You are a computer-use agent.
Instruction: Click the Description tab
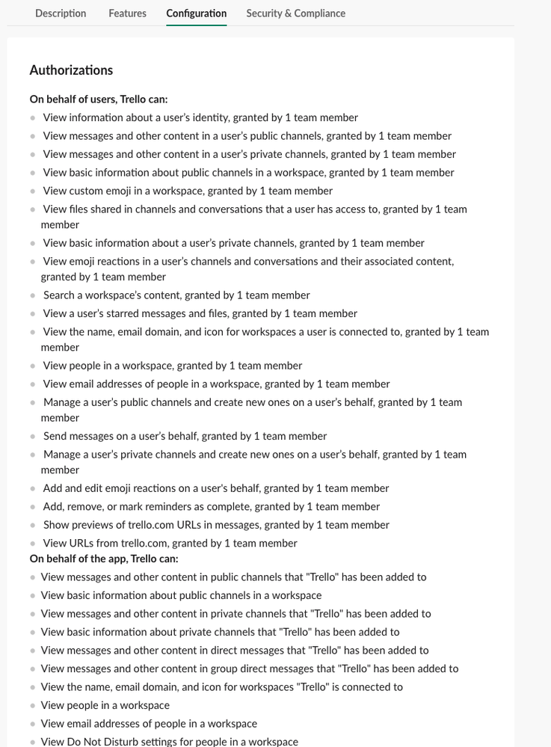tap(61, 13)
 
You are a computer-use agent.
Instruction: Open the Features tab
tap(127, 13)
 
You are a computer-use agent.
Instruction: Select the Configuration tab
tap(197, 13)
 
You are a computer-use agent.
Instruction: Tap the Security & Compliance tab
tap(295, 13)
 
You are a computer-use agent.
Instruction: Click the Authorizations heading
tap(71, 70)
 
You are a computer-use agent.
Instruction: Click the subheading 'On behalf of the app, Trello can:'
tap(104, 559)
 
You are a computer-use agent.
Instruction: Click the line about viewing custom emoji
tap(188, 191)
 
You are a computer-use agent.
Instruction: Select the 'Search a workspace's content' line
tap(176, 295)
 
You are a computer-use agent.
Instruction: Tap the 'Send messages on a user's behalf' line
tap(185, 436)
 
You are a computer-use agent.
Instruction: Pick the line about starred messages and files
tap(200, 313)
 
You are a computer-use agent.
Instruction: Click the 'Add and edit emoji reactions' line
tap(216, 488)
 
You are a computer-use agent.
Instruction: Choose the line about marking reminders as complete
tap(212, 506)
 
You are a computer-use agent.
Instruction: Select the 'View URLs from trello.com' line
tap(170, 543)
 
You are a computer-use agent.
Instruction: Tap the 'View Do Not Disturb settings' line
tap(170, 742)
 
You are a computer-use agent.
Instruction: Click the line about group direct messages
tap(250, 668)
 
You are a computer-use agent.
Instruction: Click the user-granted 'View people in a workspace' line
tap(173, 366)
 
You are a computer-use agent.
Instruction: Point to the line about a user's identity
tap(200, 117)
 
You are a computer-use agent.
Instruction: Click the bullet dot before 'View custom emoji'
tap(32, 191)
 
